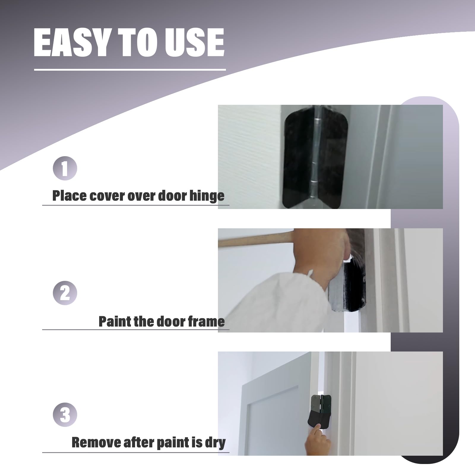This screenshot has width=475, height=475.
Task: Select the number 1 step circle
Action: pos(65,168)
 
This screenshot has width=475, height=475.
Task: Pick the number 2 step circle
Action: pos(65,293)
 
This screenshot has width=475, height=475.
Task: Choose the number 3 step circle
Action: pos(65,415)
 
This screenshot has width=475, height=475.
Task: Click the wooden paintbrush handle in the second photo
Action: pos(255,240)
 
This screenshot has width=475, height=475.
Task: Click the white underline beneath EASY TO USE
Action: pos(130,70)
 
